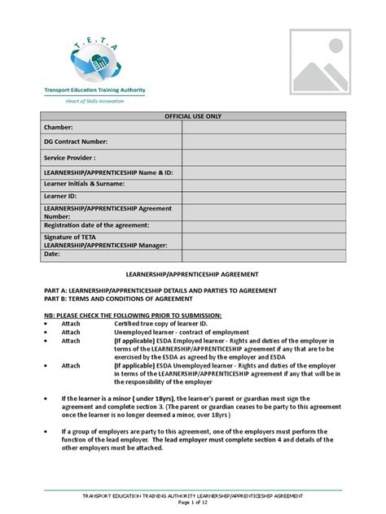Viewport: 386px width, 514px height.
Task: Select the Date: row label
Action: [x=52, y=254]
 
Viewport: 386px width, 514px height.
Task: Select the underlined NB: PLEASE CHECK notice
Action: [x=132, y=315]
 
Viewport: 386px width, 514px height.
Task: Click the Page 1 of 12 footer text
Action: [x=194, y=503]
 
